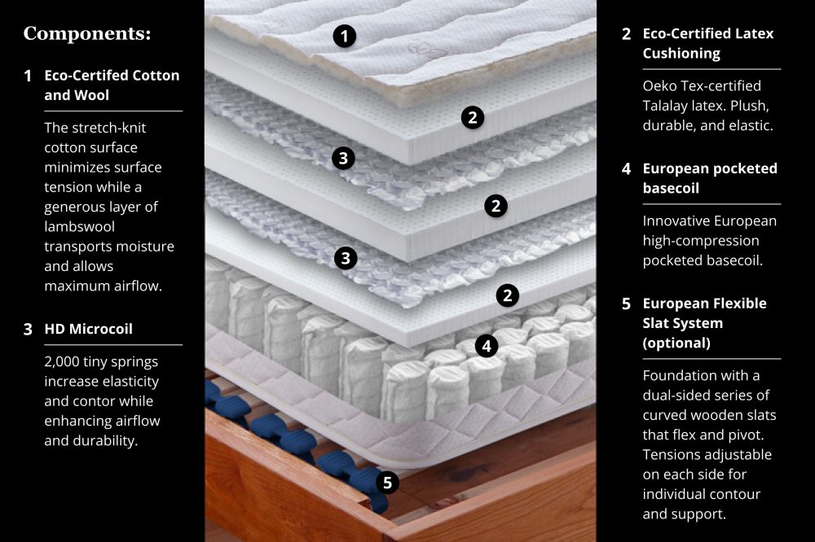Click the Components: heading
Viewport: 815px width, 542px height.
(87, 33)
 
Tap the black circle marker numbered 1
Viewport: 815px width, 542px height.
(344, 37)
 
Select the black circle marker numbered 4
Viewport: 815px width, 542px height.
(487, 346)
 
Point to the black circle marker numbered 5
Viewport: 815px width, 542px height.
(387, 483)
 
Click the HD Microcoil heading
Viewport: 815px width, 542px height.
(88, 329)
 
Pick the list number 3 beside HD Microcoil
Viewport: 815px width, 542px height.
(28, 329)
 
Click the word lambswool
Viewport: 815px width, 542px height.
(80, 226)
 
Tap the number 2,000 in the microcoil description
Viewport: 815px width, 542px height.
(64, 362)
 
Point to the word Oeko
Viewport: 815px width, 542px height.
(659, 85)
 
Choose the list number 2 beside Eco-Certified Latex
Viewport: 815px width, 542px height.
(626, 34)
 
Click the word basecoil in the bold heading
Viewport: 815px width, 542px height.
(671, 188)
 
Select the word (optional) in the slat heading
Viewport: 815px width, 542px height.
(676, 343)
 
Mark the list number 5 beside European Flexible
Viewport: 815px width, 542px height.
(626, 304)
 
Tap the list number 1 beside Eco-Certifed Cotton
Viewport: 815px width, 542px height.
(28, 76)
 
